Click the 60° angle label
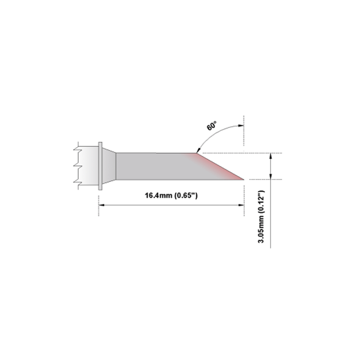211,126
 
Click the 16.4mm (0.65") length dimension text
171,195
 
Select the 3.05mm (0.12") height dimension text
261,216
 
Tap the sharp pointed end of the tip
243,179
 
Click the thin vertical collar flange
100,166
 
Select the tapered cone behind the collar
109,166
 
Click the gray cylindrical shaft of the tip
152,166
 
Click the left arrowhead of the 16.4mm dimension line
101,205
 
